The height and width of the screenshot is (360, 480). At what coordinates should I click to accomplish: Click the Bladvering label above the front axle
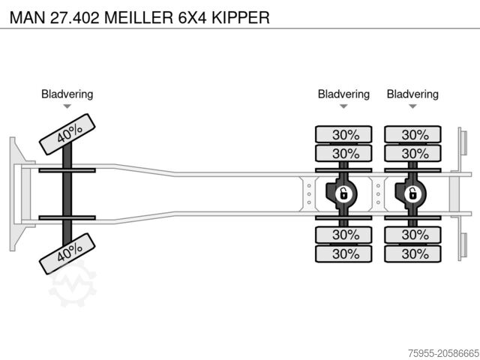click(67, 94)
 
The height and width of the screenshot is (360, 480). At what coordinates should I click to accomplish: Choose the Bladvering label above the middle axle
click(343, 94)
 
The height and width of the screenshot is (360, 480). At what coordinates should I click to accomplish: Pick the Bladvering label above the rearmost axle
click(412, 94)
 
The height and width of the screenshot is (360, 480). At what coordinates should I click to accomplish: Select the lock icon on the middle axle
click(343, 194)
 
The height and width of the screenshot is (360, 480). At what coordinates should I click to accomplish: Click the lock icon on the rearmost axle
click(412, 194)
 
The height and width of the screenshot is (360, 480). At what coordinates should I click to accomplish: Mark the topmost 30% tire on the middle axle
click(343, 134)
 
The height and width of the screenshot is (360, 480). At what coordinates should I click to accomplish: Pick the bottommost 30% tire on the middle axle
click(343, 253)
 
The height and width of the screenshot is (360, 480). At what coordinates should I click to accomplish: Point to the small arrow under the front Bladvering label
click(67, 106)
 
